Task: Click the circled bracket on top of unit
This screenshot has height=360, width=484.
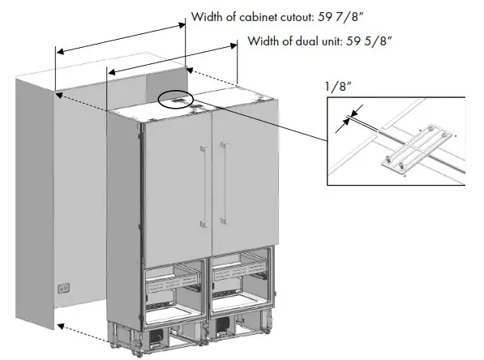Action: (176, 100)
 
